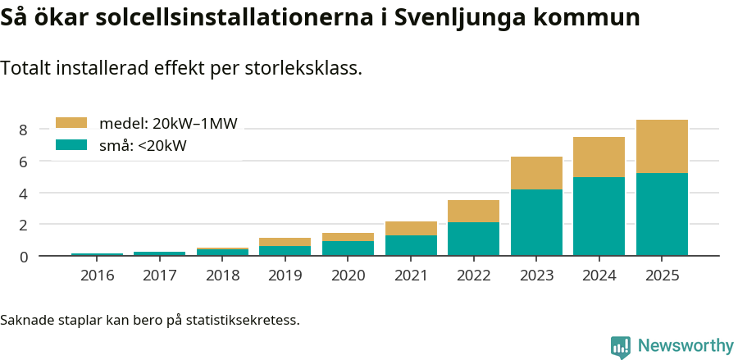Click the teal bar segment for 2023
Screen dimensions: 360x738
tap(536, 222)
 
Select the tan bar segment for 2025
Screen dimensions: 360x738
tap(662, 146)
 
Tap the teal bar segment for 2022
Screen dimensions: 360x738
tap(473, 239)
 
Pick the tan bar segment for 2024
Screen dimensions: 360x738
tap(599, 157)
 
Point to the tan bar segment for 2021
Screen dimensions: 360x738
tap(411, 228)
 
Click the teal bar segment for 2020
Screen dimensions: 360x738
tap(348, 248)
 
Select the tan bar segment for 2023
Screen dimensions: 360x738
tap(536, 172)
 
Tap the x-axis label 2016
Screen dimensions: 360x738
tap(98, 275)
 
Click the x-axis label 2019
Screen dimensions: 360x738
tap(285, 275)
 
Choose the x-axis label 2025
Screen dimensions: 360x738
tap(662, 275)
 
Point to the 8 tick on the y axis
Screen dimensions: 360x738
tap(24, 130)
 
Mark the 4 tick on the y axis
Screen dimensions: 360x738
tap(24, 194)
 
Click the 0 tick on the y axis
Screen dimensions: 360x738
tap(24, 257)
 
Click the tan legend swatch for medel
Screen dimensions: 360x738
tap(71, 123)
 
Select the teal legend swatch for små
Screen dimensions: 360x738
tap(71, 145)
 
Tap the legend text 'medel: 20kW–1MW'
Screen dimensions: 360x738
tap(168, 124)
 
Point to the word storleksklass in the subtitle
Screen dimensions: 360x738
tap(303, 68)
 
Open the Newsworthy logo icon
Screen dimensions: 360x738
tap(621, 346)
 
